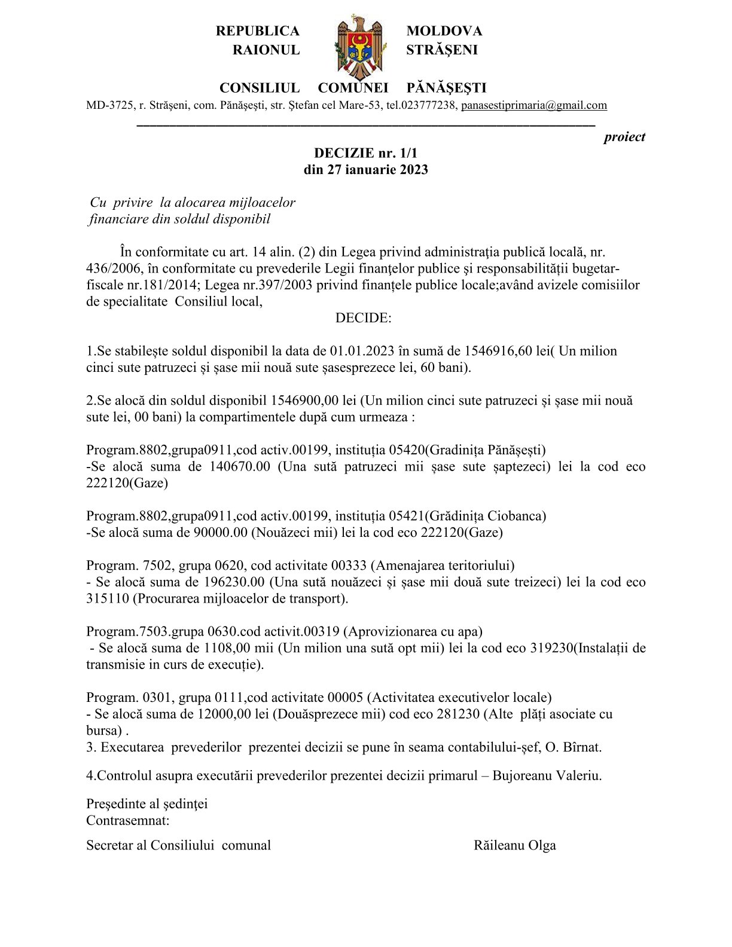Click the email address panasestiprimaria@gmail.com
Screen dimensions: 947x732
pyautogui.click(x=533, y=105)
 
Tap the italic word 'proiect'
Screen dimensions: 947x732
pyautogui.click(x=624, y=137)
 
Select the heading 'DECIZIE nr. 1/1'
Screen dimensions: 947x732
pyautogui.click(x=365, y=153)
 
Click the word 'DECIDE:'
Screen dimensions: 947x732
pyautogui.click(x=363, y=317)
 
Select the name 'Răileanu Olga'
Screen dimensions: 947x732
pyautogui.click(x=515, y=845)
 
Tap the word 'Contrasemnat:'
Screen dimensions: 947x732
pyautogui.click(x=127, y=820)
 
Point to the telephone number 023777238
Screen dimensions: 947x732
pyautogui.click(x=429, y=105)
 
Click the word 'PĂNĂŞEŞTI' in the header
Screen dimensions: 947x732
pyautogui.click(x=446, y=88)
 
